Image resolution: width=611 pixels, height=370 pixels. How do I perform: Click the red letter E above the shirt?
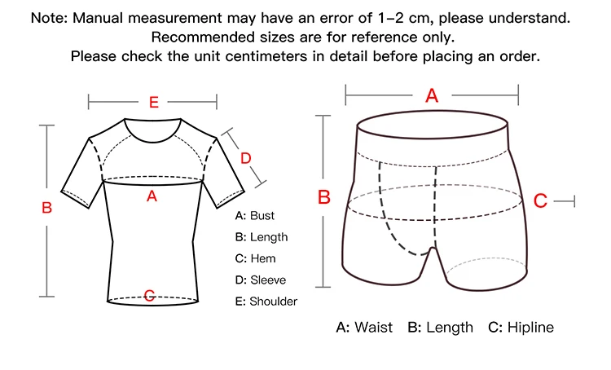point(153,102)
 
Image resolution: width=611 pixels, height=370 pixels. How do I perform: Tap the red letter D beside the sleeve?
point(244,157)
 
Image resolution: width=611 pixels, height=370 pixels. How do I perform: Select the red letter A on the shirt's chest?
point(151,196)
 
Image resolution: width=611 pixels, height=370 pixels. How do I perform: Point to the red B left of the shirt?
point(46,208)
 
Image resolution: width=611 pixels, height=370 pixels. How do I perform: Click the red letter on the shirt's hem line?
point(149,295)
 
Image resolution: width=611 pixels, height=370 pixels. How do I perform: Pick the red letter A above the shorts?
point(432,96)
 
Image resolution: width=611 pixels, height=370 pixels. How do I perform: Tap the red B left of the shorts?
point(323,197)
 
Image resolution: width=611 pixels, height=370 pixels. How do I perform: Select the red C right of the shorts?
point(539,200)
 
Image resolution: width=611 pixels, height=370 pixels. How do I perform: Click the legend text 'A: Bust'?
point(254,216)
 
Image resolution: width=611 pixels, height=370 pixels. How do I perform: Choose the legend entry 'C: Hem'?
point(255,258)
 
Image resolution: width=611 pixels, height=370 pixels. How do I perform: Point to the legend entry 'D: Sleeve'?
point(260,280)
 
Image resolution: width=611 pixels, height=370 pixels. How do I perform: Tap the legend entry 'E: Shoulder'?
point(266,302)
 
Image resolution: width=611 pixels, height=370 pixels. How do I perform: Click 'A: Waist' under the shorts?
point(364,328)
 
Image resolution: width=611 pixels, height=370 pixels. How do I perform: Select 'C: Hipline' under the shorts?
point(521,328)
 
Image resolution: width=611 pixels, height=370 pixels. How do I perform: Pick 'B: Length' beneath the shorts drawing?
point(440,328)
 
